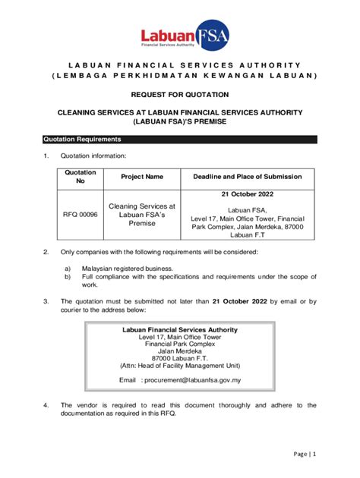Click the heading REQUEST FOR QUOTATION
tap(180, 94)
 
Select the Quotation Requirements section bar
tap(179, 140)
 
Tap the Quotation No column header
tap(81, 177)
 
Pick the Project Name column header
tap(142, 177)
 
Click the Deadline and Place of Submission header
tap(247, 177)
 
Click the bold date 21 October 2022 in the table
tap(247, 194)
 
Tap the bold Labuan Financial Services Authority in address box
tap(180, 330)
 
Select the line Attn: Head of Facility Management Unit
tap(180, 365)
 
